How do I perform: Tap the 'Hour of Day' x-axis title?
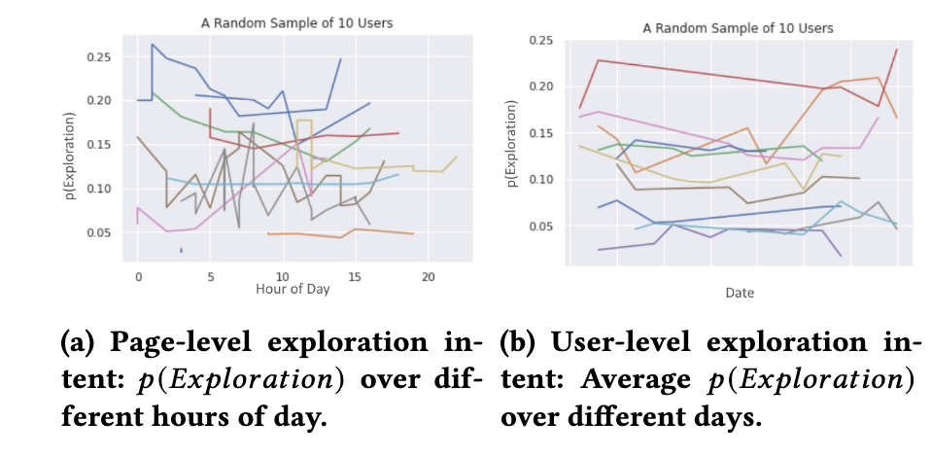click(x=292, y=289)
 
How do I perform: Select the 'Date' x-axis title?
click(x=739, y=292)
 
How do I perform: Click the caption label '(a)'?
click(x=76, y=343)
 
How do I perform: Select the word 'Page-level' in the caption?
click(x=163, y=343)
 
